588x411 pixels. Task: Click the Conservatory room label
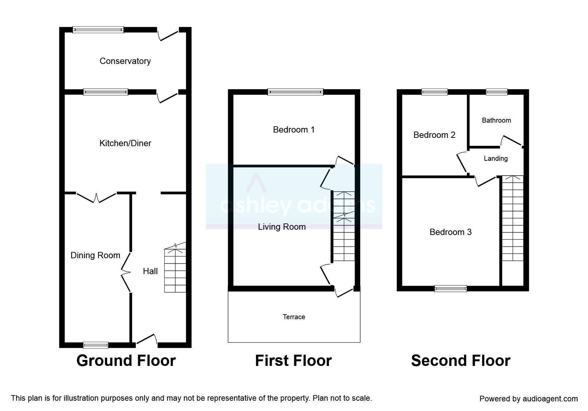point(125,61)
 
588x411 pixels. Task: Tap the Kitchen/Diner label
point(125,143)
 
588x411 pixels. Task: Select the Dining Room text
point(95,255)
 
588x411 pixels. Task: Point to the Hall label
point(150,271)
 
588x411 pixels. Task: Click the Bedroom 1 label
point(294,130)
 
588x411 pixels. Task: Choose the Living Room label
point(282,227)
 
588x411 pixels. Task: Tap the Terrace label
point(294,317)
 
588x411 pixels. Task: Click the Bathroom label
point(496,120)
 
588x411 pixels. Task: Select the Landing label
point(496,158)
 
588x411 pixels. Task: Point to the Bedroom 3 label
point(450,232)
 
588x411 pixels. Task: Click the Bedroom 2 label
point(434,135)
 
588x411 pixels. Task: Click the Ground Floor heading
point(126,361)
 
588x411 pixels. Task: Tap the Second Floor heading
point(461,361)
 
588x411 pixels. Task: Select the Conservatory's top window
point(98,30)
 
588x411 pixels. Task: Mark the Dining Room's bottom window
point(96,345)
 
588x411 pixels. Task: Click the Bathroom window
point(497,92)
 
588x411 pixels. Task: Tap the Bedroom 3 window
point(451,289)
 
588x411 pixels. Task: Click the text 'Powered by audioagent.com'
point(529,399)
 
